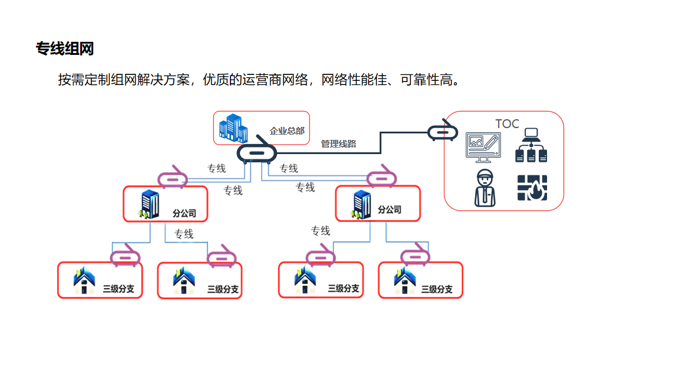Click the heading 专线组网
pos(65,49)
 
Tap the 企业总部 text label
pos(287,130)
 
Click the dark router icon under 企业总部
pos(256,153)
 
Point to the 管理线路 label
pos(338,143)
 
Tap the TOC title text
pos(507,124)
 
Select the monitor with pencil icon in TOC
pos(483,147)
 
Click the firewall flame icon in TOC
pos(532,188)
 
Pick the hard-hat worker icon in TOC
pos(485,188)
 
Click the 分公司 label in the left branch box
pos(184,213)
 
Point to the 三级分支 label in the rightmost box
pos(437,289)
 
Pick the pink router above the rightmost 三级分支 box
pos(415,256)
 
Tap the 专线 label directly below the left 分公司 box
pos(184,234)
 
